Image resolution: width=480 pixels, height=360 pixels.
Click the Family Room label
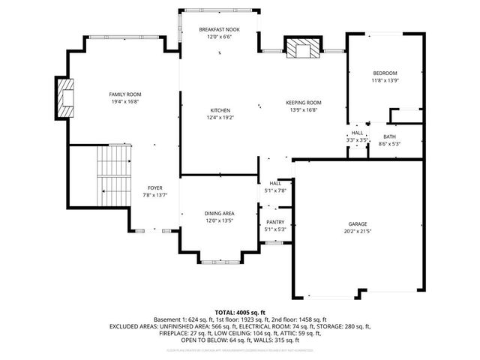(x=124, y=94)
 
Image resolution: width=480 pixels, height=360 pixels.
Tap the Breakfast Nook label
(x=219, y=28)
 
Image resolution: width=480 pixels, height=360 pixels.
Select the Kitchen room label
(x=220, y=109)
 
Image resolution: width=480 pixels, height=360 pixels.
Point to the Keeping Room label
(x=303, y=102)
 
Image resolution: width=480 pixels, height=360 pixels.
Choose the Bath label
(x=390, y=136)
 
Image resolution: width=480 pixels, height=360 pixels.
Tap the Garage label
(x=357, y=224)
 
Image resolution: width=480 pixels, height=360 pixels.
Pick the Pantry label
(x=275, y=222)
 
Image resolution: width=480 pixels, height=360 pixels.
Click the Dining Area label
(x=220, y=214)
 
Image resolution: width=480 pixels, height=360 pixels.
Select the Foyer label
(x=154, y=187)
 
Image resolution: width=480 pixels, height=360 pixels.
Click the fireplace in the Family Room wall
(x=65, y=96)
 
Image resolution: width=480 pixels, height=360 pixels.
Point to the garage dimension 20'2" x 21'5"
(x=357, y=231)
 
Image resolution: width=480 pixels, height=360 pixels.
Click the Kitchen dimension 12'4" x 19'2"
(x=220, y=117)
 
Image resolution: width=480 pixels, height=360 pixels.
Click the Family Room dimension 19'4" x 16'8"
(x=124, y=101)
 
